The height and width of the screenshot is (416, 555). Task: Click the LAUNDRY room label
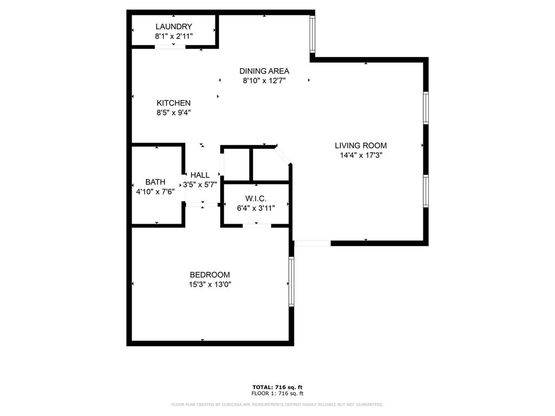[x=173, y=27]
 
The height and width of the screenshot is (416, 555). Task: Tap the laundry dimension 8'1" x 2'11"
[x=173, y=36]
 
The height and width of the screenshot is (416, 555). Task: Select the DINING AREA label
[x=264, y=71]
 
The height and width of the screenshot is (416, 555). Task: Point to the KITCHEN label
[x=173, y=103]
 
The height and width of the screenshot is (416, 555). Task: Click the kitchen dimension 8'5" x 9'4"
[x=173, y=113]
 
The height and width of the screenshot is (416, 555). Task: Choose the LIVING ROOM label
[x=360, y=145]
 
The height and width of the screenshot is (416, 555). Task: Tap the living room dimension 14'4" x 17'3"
[x=360, y=155]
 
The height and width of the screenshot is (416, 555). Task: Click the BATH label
[x=155, y=182]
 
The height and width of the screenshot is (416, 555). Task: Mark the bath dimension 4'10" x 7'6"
[x=155, y=191]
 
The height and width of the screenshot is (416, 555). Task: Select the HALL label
[x=200, y=175]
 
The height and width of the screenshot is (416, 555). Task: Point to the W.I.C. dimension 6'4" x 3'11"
[x=256, y=207]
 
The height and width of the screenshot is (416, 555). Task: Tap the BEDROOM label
[x=210, y=275]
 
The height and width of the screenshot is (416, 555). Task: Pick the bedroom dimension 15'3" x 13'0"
[x=210, y=284]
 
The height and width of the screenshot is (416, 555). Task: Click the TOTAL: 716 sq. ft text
[x=277, y=387]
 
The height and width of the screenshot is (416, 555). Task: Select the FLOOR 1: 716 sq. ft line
[x=277, y=393]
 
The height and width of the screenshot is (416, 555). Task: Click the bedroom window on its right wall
[x=291, y=282]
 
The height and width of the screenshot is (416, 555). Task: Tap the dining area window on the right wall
[x=312, y=34]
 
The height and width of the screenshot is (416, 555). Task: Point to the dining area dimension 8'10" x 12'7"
[x=264, y=81]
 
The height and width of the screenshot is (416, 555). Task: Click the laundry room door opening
[x=170, y=47]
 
